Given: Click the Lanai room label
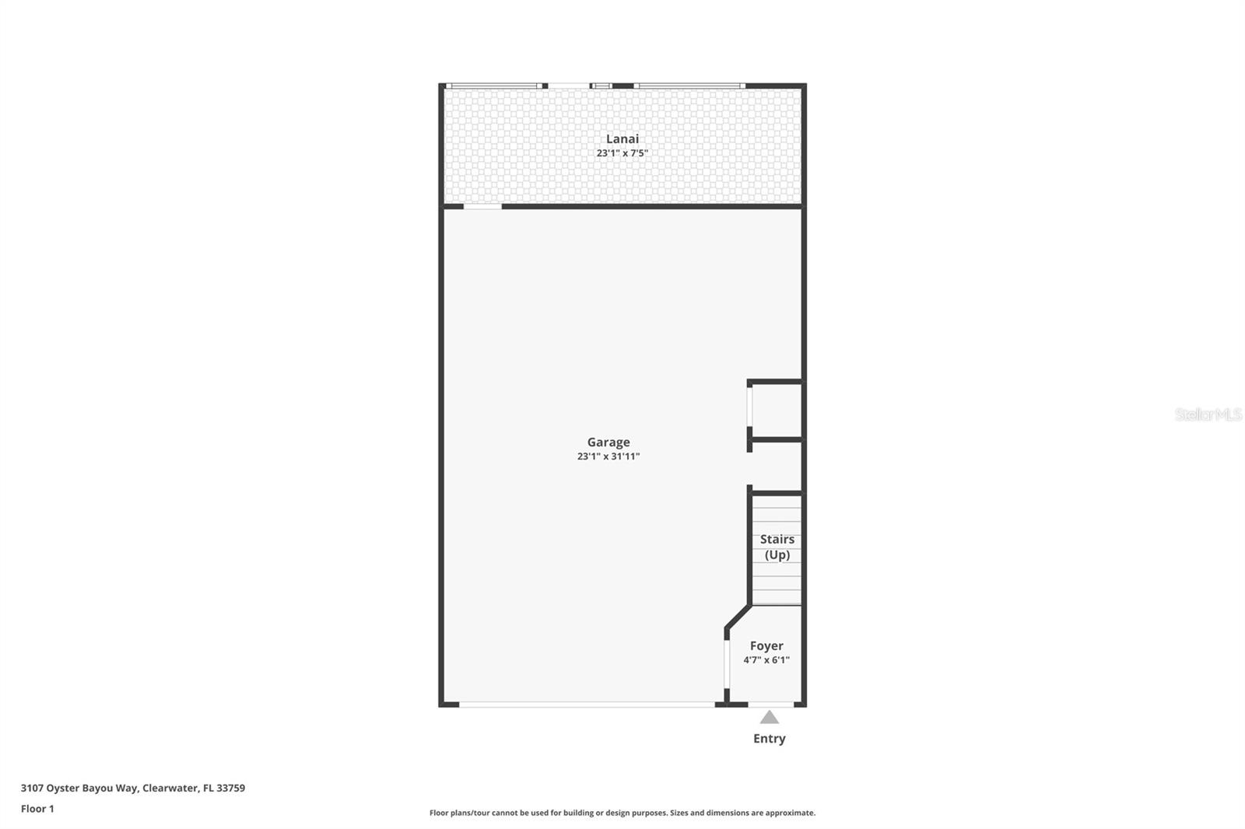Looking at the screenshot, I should [x=622, y=139].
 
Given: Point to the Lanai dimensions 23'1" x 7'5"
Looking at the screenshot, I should [x=622, y=153].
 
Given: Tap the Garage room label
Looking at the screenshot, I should [x=608, y=442].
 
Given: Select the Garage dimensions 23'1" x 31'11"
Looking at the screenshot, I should [x=608, y=456].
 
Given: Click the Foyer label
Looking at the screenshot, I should [x=766, y=645].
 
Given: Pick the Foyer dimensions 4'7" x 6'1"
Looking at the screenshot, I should [x=766, y=660].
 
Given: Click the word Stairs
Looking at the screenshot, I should [x=777, y=539].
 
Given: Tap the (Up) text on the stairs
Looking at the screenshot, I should [x=777, y=554].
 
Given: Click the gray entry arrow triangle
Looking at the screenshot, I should [x=770, y=717].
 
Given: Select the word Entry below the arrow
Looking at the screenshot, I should [x=770, y=739].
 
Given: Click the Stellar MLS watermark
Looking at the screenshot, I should [x=1208, y=414].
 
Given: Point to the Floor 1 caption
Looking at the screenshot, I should [x=37, y=809].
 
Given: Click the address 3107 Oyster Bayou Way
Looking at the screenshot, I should [x=79, y=788].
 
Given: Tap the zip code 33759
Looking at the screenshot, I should [x=231, y=788].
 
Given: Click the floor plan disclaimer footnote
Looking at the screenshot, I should [x=622, y=813].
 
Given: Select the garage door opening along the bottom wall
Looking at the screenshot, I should [x=587, y=705].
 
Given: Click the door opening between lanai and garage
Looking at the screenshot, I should [x=482, y=206].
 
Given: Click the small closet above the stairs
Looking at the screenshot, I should [x=776, y=411].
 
